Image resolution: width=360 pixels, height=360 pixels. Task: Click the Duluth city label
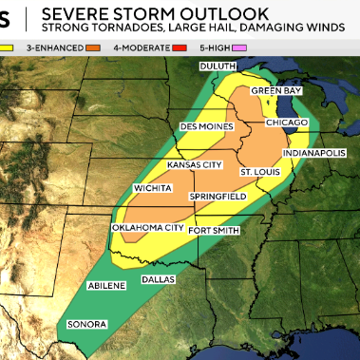pyautogui.click(x=219, y=66)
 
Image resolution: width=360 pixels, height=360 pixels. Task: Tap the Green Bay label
pyautogui.click(x=275, y=90)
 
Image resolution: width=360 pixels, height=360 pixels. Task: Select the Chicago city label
pyautogui.click(x=285, y=123)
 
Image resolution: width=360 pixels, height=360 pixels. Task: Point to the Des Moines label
pyautogui.click(x=207, y=125)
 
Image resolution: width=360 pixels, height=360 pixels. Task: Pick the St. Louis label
pyautogui.click(x=258, y=171)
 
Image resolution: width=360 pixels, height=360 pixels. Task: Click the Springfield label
pyautogui.click(x=218, y=196)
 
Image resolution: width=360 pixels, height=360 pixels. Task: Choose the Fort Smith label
pyautogui.click(x=212, y=230)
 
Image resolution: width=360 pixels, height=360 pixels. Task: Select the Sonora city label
pyautogui.click(x=86, y=325)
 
